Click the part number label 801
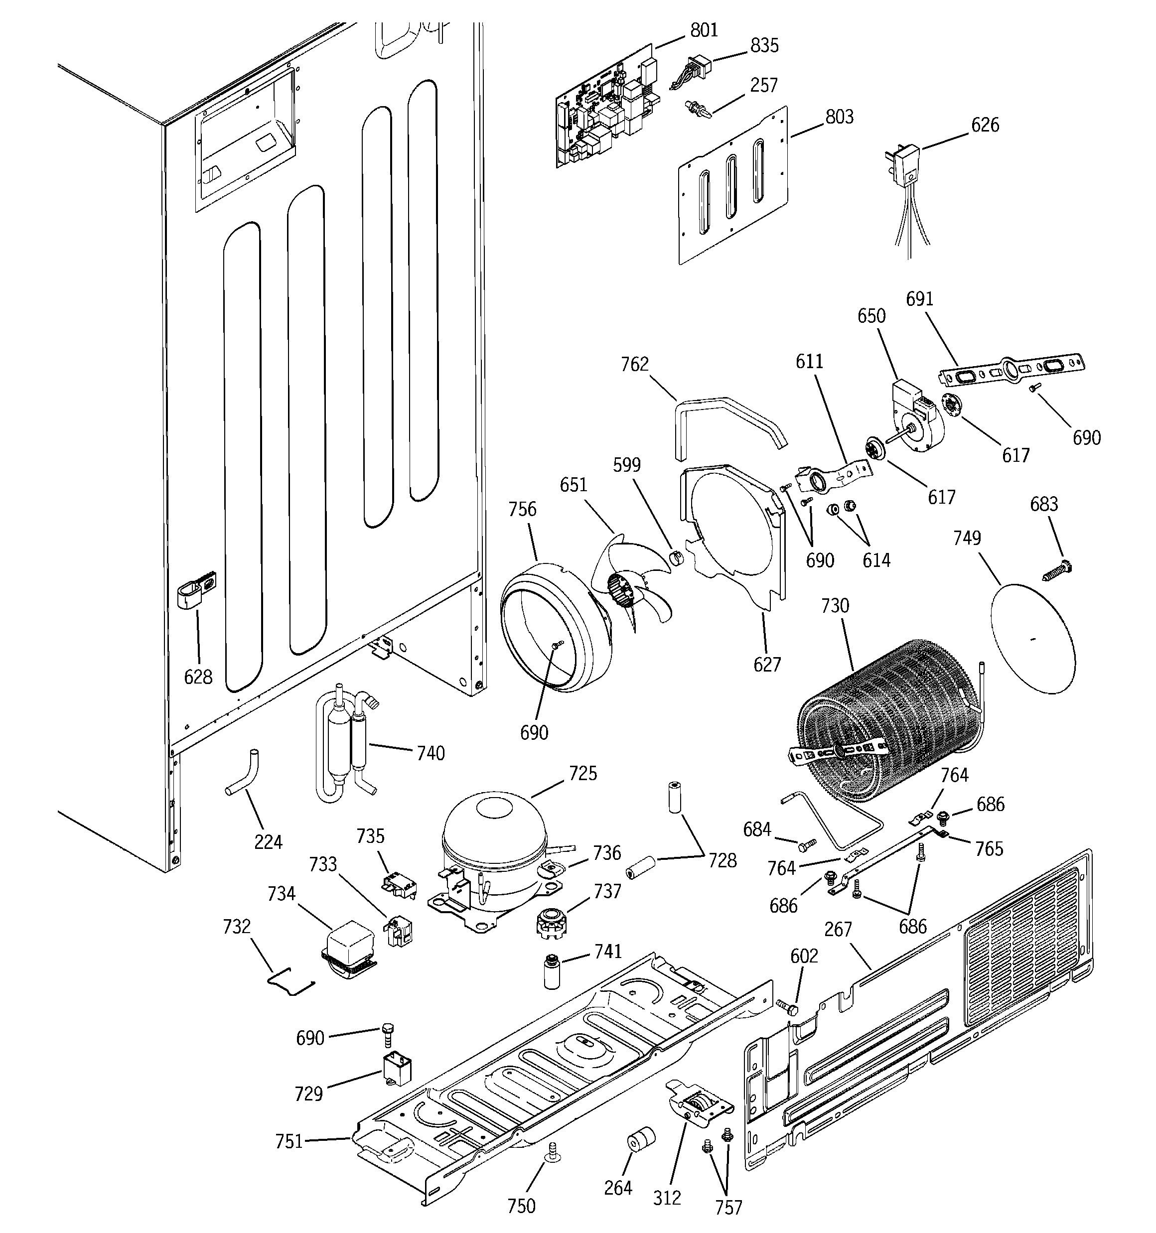pyautogui.click(x=704, y=30)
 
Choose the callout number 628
pyautogui.click(x=198, y=677)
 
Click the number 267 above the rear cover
pyautogui.click(x=838, y=929)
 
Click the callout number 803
pyautogui.click(x=839, y=117)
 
